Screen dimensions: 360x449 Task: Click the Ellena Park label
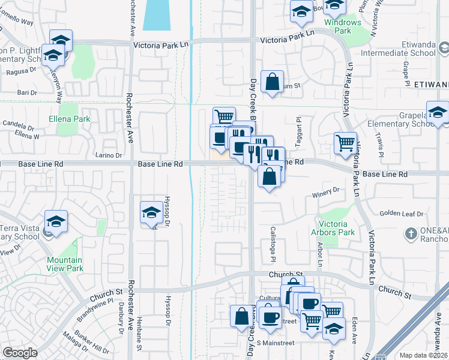click(69, 119)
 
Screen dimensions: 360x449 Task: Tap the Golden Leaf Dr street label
click(402, 214)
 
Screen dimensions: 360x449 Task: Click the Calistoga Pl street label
click(272, 247)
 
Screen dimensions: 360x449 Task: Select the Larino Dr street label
click(108, 155)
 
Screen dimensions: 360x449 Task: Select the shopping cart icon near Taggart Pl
click(345, 143)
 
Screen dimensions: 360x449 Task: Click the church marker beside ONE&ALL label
click(411, 233)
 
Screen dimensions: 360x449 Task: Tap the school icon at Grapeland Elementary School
click(438, 112)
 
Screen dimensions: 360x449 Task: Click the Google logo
click(20, 353)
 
